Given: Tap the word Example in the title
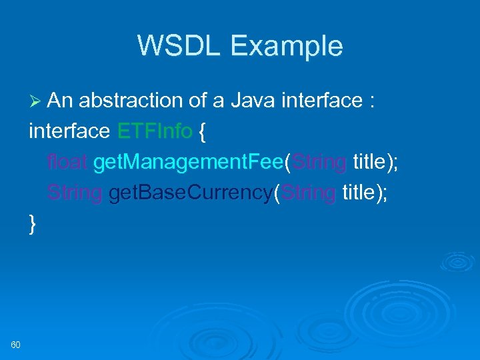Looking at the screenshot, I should tap(287, 46).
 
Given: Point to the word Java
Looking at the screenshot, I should tap(253, 101).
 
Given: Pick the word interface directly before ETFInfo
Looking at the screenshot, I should tap(69, 131).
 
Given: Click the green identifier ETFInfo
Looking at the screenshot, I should tap(155, 131).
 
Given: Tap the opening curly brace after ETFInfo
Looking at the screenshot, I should tap(203, 132).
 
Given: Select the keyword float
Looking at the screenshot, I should tap(67, 162).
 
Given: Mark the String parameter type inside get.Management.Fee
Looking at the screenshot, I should tap(319, 162).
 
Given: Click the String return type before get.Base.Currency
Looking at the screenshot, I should tap(75, 193).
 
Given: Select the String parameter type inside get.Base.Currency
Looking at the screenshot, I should tap(308, 193).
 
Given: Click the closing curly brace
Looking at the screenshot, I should tap(33, 224).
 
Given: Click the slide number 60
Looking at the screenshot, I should tap(16, 344).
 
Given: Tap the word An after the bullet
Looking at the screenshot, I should tap(60, 101).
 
